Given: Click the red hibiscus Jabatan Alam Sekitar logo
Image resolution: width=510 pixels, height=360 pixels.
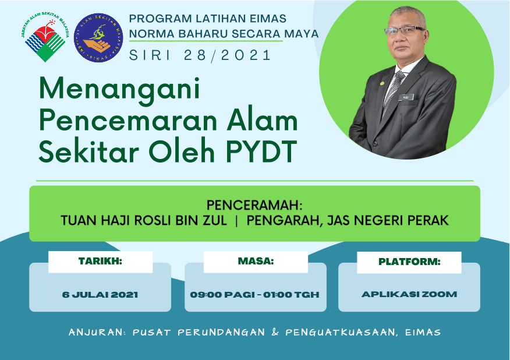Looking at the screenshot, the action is click(x=45, y=37).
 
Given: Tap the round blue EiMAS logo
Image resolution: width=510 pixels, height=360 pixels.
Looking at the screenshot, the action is click(x=98, y=38).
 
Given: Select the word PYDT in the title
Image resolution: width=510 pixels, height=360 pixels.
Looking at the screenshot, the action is click(x=261, y=151).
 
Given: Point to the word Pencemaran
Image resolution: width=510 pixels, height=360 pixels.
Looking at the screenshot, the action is click(x=128, y=121).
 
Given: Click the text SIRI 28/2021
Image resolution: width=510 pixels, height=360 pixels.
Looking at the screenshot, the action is click(x=200, y=55).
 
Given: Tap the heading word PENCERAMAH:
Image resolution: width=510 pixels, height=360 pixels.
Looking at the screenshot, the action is click(x=254, y=205).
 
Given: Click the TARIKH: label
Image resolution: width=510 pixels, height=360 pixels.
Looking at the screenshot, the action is click(x=100, y=261).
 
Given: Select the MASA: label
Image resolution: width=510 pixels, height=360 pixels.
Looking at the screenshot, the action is click(x=256, y=261).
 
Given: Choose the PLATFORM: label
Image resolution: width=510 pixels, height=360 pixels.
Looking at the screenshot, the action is click(x=409, y=262).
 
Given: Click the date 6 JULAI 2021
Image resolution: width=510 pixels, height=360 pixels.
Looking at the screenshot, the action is click(x=100, y=295).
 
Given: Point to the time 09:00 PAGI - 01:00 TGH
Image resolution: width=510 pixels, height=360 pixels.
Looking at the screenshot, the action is click(x=254, y=295).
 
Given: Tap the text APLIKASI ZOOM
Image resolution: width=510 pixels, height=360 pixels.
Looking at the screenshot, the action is click(x=409, y=294).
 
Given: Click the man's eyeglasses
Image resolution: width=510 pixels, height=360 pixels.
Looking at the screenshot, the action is click(x=404, y=31).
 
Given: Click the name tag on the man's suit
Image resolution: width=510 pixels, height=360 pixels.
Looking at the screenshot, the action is click(x=406, y=97).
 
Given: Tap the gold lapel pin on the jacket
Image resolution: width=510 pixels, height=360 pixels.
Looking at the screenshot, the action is click(x=382, y=83).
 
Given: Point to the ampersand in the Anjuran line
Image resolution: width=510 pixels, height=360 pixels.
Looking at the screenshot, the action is click(x=275, y=332).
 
